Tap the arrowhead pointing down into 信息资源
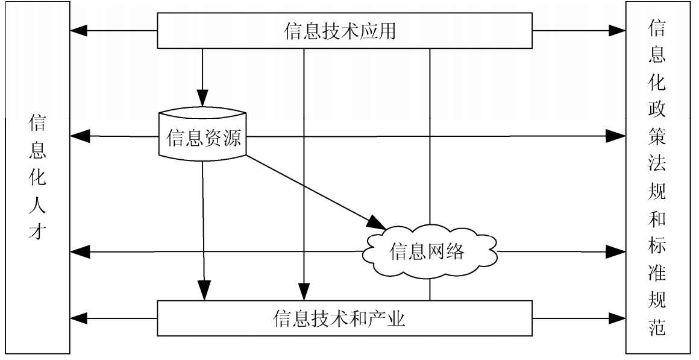(x=202, y=98)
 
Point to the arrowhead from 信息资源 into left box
(x=80, y=136)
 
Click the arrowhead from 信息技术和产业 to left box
(x=80, y=317)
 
